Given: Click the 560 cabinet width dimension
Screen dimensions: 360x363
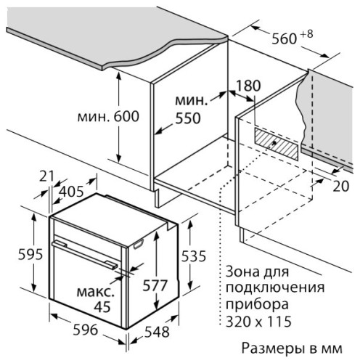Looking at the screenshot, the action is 284,38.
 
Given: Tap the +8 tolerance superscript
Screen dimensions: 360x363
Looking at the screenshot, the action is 307,34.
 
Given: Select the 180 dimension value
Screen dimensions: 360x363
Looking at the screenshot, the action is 248,86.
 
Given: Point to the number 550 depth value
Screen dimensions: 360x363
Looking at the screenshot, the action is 188,118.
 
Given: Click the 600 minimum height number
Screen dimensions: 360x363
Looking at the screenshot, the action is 126,116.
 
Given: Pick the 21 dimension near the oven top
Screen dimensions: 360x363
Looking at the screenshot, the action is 46,176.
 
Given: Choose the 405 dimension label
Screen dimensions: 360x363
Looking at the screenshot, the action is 71,192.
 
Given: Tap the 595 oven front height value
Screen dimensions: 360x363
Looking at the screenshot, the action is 30,254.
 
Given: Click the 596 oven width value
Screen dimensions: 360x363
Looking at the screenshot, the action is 86,330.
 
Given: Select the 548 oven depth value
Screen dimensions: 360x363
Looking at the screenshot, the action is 157,332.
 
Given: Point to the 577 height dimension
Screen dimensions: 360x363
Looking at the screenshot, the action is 155,285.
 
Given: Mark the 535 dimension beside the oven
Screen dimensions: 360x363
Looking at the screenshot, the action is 194,256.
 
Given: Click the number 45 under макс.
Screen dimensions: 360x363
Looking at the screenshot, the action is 102,307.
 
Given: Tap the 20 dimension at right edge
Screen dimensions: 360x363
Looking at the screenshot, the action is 341,186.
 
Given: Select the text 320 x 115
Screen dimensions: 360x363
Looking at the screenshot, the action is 258,322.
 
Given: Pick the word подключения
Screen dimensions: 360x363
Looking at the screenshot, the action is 275,288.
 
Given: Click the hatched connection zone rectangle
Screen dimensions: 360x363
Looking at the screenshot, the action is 277,144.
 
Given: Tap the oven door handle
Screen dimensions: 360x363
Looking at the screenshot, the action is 85,255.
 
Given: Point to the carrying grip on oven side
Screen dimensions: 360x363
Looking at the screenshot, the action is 138,244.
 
